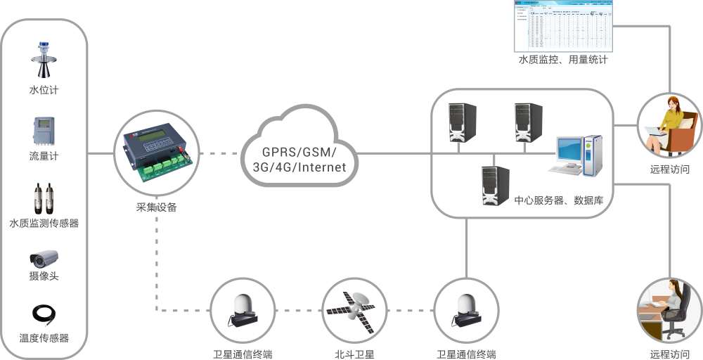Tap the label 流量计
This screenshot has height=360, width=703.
(44, 156)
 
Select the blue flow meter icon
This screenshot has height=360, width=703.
(44, 131)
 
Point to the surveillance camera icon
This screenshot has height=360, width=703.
(44, 257)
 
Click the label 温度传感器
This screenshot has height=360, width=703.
(44, 338)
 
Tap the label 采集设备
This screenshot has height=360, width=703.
(156, 207)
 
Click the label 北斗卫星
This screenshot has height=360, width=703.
(354, 354)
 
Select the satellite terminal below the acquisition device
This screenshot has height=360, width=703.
(242, 309)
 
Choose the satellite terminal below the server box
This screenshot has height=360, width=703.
(465, 309)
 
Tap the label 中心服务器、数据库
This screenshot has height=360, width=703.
(558, 201)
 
